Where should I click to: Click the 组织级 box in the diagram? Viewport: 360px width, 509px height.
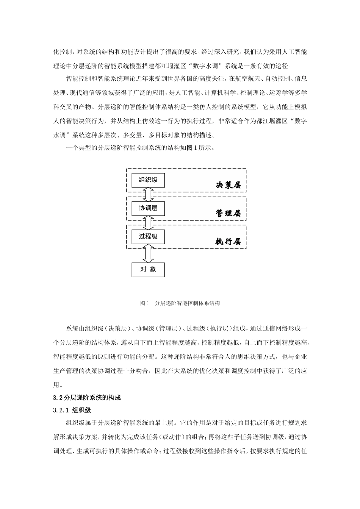(148, 180)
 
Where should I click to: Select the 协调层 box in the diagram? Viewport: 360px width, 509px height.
(148, 208)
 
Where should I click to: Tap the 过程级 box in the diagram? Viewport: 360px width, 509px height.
(148, 237)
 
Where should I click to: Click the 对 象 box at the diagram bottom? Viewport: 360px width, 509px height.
(148, 270)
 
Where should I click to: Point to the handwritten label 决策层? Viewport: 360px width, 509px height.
(228, 185)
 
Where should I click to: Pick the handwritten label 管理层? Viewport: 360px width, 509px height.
(228, 213)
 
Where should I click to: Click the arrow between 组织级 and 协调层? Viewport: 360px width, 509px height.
(148, 194)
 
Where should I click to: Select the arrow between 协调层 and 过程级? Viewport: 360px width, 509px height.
(148, 222)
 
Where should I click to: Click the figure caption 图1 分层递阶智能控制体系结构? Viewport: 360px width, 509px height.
(180, 303)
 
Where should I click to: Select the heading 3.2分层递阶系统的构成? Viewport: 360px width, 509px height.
(87, 398)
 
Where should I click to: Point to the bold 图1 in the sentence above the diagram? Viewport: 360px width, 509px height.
(191, 148)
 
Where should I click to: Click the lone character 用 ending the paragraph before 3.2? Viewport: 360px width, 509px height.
(56, 385)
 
